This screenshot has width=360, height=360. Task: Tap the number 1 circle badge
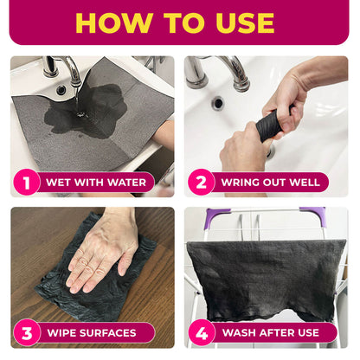pyautogui.click(x=27, y=182)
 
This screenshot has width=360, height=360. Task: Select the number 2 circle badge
pyautogui.click(x=202, y=182)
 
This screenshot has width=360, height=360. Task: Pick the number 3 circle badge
pyautogui.click(x=27, y=332)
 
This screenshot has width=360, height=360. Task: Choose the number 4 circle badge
pyautogui.click(x=202, y=332)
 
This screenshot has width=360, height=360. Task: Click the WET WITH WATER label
pyautogui.click(x=95, y=182)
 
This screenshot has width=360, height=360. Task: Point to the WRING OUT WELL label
pyautogui.click(x=270, y=182)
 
